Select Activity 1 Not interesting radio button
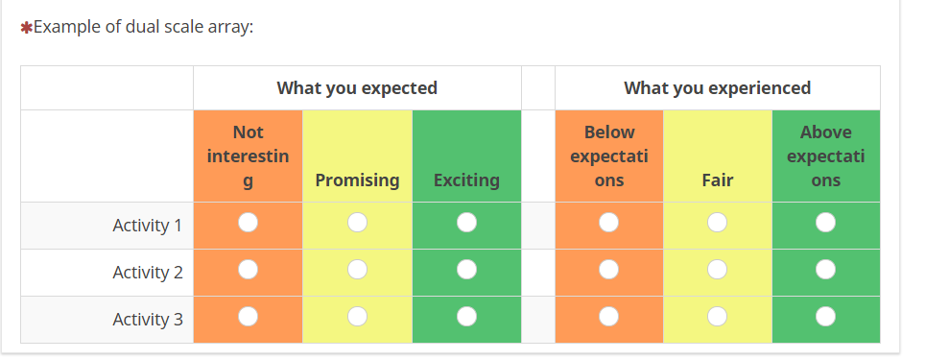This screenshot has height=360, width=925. click(x=248, y=223)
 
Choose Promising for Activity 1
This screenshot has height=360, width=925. click(x=358, y=223)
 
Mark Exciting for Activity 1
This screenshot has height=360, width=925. click(x=466, y=223)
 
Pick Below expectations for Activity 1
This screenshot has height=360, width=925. click(x=608, y=223)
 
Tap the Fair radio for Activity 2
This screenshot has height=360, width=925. click(x=718, y=270)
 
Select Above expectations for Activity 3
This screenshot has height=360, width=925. click(x=825, y=317)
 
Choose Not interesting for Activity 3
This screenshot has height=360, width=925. click(x=248, y=317)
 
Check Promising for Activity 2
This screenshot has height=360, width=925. click(x=358, y=270)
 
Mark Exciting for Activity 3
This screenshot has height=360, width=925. click(x=466, y=317)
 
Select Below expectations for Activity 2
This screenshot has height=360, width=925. click(x=608, y=270)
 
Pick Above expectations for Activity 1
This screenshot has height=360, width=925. click(x=825, y=223)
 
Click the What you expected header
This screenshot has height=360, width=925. click(x=357, y=88)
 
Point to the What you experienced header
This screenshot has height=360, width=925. click(x=718, y=88)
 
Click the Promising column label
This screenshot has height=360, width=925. click(x=358, y=180)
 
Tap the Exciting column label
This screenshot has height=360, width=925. click(x=466, y=180)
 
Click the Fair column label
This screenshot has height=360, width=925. click(x=718, y=180)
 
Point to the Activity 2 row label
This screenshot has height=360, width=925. click(x=148, y=273)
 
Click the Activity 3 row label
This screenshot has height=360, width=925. click(x=148, y=320)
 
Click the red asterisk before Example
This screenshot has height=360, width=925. click(x=26, y=28)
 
